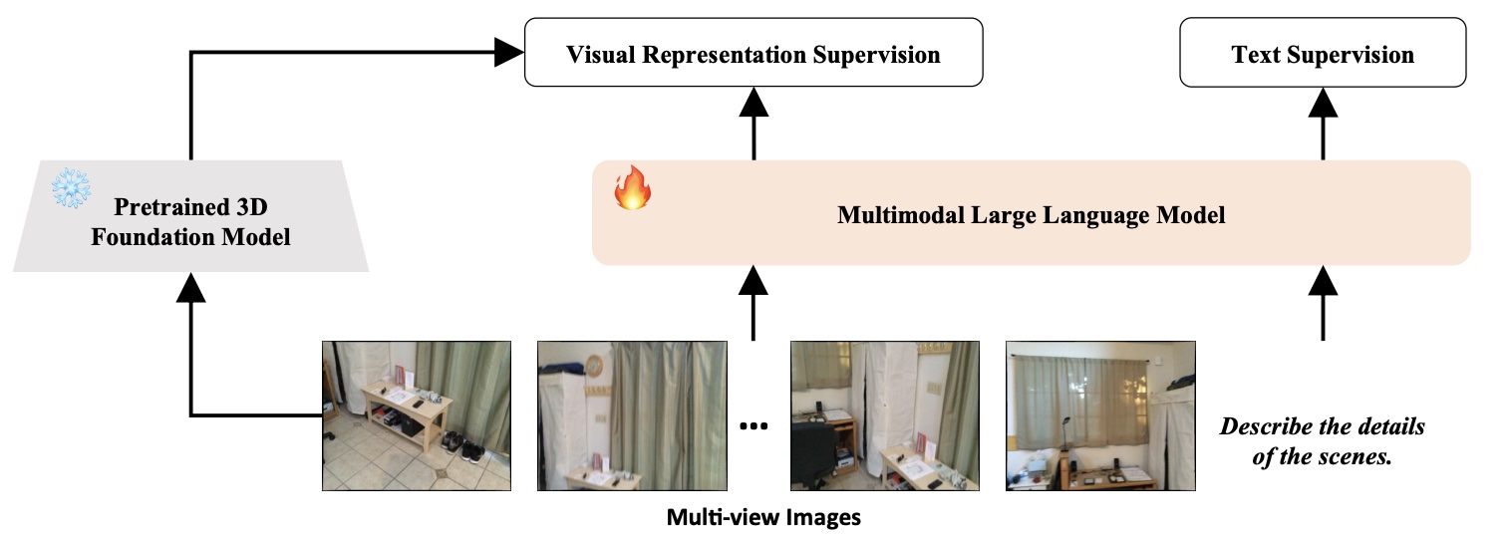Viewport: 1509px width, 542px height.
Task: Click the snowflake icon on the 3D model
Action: point(72,187)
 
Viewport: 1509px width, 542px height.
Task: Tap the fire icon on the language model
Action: point(630,187)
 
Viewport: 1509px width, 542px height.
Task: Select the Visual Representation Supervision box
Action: point(754,54)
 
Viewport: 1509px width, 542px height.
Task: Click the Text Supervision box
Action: point(1323,54)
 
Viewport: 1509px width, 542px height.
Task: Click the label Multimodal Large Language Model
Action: point(1032,214)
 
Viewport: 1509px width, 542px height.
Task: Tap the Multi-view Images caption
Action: point(763,518)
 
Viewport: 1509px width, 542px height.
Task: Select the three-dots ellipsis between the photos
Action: point(754,426)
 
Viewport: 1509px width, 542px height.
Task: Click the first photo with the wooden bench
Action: point(417,415)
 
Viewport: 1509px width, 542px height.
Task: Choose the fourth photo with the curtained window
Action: point(1099,415)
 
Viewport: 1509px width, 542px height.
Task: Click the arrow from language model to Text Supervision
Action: point(1323,124)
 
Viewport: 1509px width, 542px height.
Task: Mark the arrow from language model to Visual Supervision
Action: point(754,124)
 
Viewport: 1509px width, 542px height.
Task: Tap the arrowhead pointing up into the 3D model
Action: point(190,287)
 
